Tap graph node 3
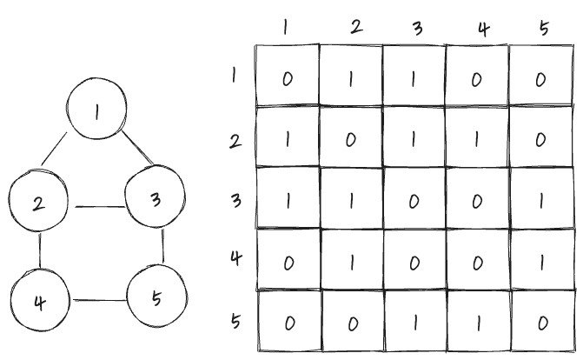pos(155,200)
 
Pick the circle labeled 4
pos(39,302)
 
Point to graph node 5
pos(156,298)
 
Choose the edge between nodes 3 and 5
pos(162,248)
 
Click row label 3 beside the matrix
pos(235,200)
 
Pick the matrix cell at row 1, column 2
pos(350,77)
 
